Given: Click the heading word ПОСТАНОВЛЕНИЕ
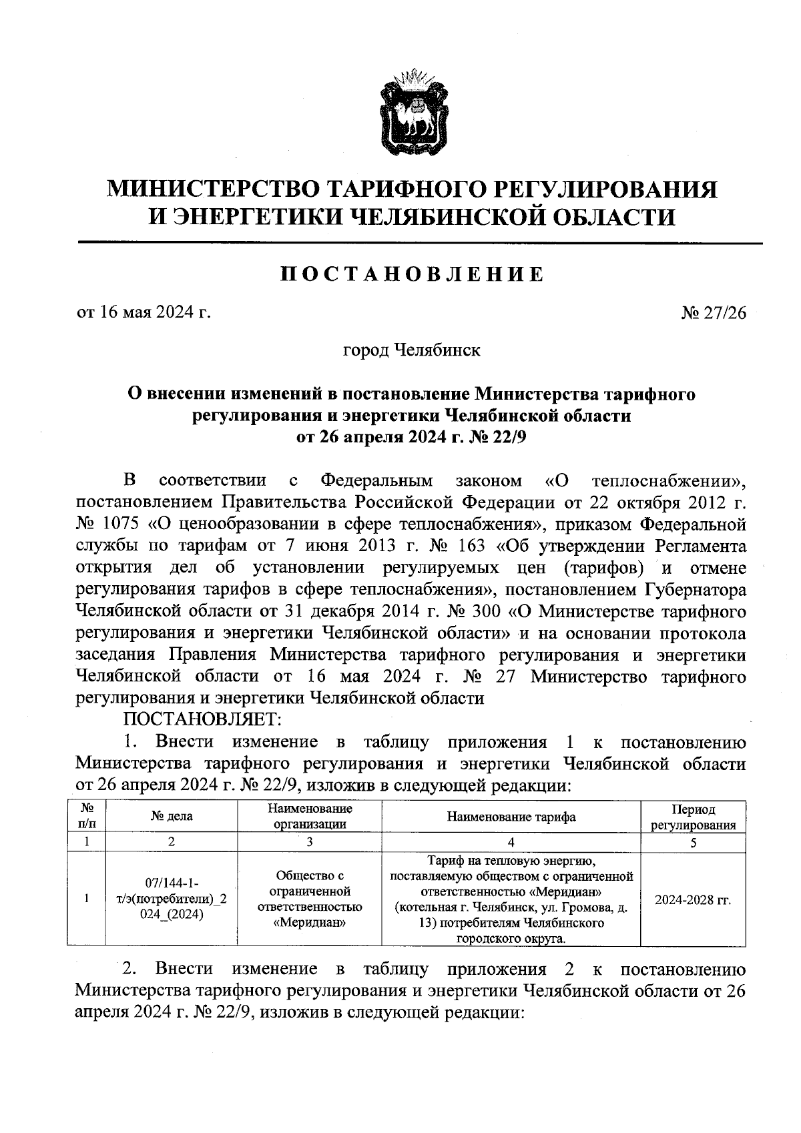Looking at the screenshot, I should (412, 274).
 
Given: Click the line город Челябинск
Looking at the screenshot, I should (411, 350).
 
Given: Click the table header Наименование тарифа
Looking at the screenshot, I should (511, 817).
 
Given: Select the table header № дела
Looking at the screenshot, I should (172, 817).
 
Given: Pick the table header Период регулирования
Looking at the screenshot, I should (693, 817).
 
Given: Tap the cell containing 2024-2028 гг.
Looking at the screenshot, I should (693, 899).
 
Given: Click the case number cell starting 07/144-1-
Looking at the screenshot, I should (172, 899).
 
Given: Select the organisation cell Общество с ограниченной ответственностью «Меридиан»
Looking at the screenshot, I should (310, 899).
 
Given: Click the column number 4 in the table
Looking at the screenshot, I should (511, 843).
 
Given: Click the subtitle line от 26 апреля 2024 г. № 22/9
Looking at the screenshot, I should (411, 437).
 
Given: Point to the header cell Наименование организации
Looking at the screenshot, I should (310, 817).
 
